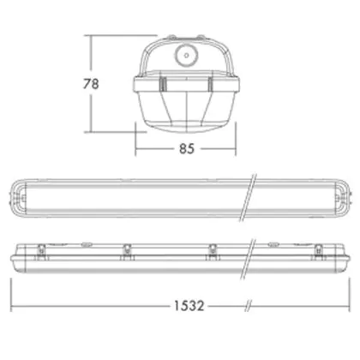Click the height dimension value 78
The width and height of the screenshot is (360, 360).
pos(91,84)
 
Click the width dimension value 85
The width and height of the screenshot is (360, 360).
pos(187,148)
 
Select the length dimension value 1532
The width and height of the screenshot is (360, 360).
pos(189,306)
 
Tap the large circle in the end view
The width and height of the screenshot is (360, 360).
pos(186,56)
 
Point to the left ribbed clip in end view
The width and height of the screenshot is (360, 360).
pos(163,84)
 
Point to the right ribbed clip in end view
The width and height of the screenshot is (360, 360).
pos(211,84)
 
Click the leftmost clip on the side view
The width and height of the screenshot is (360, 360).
pos(42,252)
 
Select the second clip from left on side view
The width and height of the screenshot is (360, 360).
pos(127,252)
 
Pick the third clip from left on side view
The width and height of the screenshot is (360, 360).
pos(213,252)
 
